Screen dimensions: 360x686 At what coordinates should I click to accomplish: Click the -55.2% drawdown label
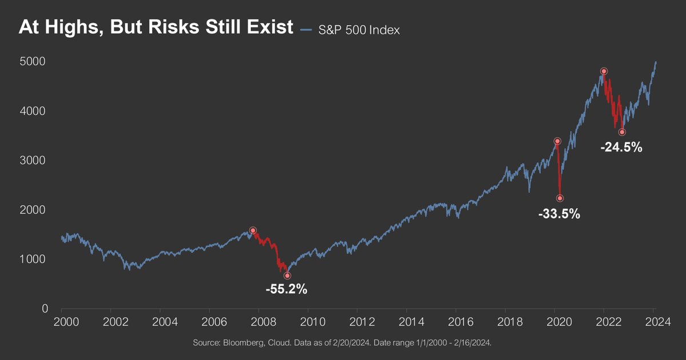tap(286, 289)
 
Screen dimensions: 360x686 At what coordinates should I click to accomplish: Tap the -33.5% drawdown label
tap(559, 214)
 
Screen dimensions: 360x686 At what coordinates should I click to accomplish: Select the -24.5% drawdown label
tap(621, 147)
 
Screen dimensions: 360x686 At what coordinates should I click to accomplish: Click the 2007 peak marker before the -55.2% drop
tap(253, 230)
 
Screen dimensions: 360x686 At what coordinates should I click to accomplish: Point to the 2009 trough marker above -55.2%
tap(287, 275)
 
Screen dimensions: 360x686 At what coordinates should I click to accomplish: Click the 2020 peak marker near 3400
tap(557, 141)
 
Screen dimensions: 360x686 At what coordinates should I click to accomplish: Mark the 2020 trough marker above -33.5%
tap(560, 198)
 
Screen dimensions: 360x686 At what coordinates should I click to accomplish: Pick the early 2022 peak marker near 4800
tap(604, 71)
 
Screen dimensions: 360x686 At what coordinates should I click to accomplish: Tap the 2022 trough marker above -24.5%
tap(622, 132)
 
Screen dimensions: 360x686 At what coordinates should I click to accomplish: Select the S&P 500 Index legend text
tap(358, 30)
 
